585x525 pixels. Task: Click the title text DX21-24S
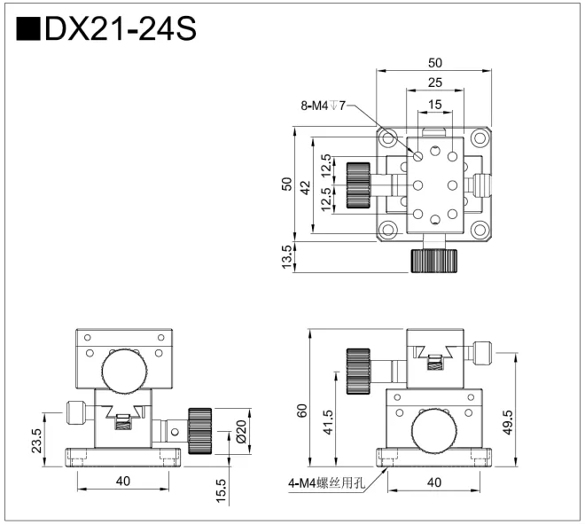tap(120, 29)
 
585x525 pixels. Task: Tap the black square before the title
tap(28, 29)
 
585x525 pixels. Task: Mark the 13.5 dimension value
tap(286, 257)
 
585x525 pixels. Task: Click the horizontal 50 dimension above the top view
tap(434, 63)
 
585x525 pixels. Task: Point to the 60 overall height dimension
tap(302, 410)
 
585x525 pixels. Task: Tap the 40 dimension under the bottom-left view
tap(123, 481)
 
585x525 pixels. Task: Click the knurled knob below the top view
tap(434, 260)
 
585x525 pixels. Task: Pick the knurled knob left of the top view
tap(359, 184)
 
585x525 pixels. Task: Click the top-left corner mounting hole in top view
tap(389, 138)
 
